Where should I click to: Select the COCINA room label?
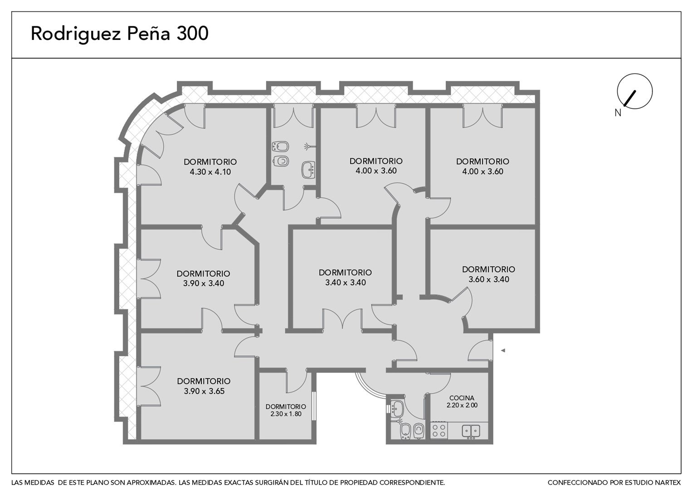pos(462,398)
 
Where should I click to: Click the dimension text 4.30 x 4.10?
pos(210,172)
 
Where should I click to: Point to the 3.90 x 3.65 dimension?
pos(204,391)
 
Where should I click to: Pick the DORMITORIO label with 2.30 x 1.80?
pos(286,407)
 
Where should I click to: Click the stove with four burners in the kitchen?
pos(439,431)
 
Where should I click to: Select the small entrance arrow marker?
pos(503,350)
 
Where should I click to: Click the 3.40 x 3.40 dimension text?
pos(345,282)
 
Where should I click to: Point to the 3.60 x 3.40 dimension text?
pos(489,279)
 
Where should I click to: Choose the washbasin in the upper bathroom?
pos(308,170)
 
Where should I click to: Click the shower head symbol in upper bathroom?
pos(308,146)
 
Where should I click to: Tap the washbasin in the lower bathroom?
pos(397,408)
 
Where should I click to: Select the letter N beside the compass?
pos(618,113)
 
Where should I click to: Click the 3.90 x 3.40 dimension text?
pos(204,283)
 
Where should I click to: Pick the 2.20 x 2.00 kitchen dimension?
pos(462,405)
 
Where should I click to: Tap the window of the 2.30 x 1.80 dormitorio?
pos(314,406)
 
